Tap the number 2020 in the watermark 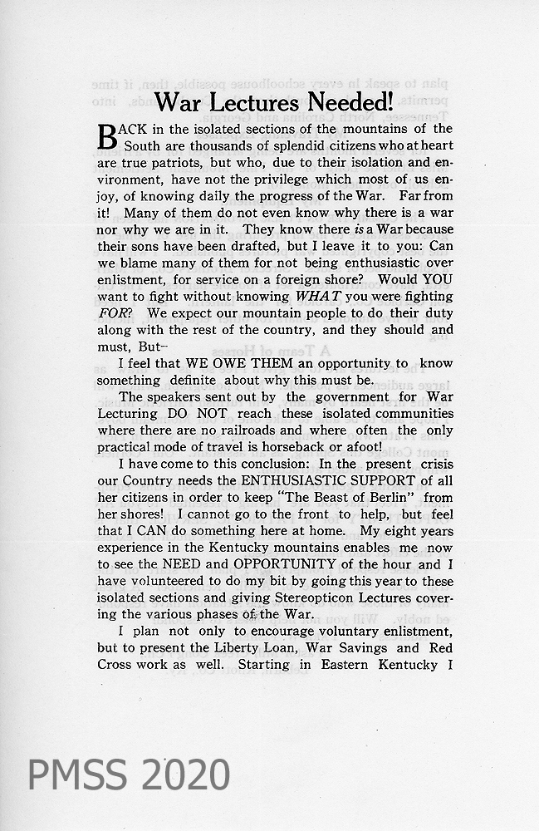(182, 774)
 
